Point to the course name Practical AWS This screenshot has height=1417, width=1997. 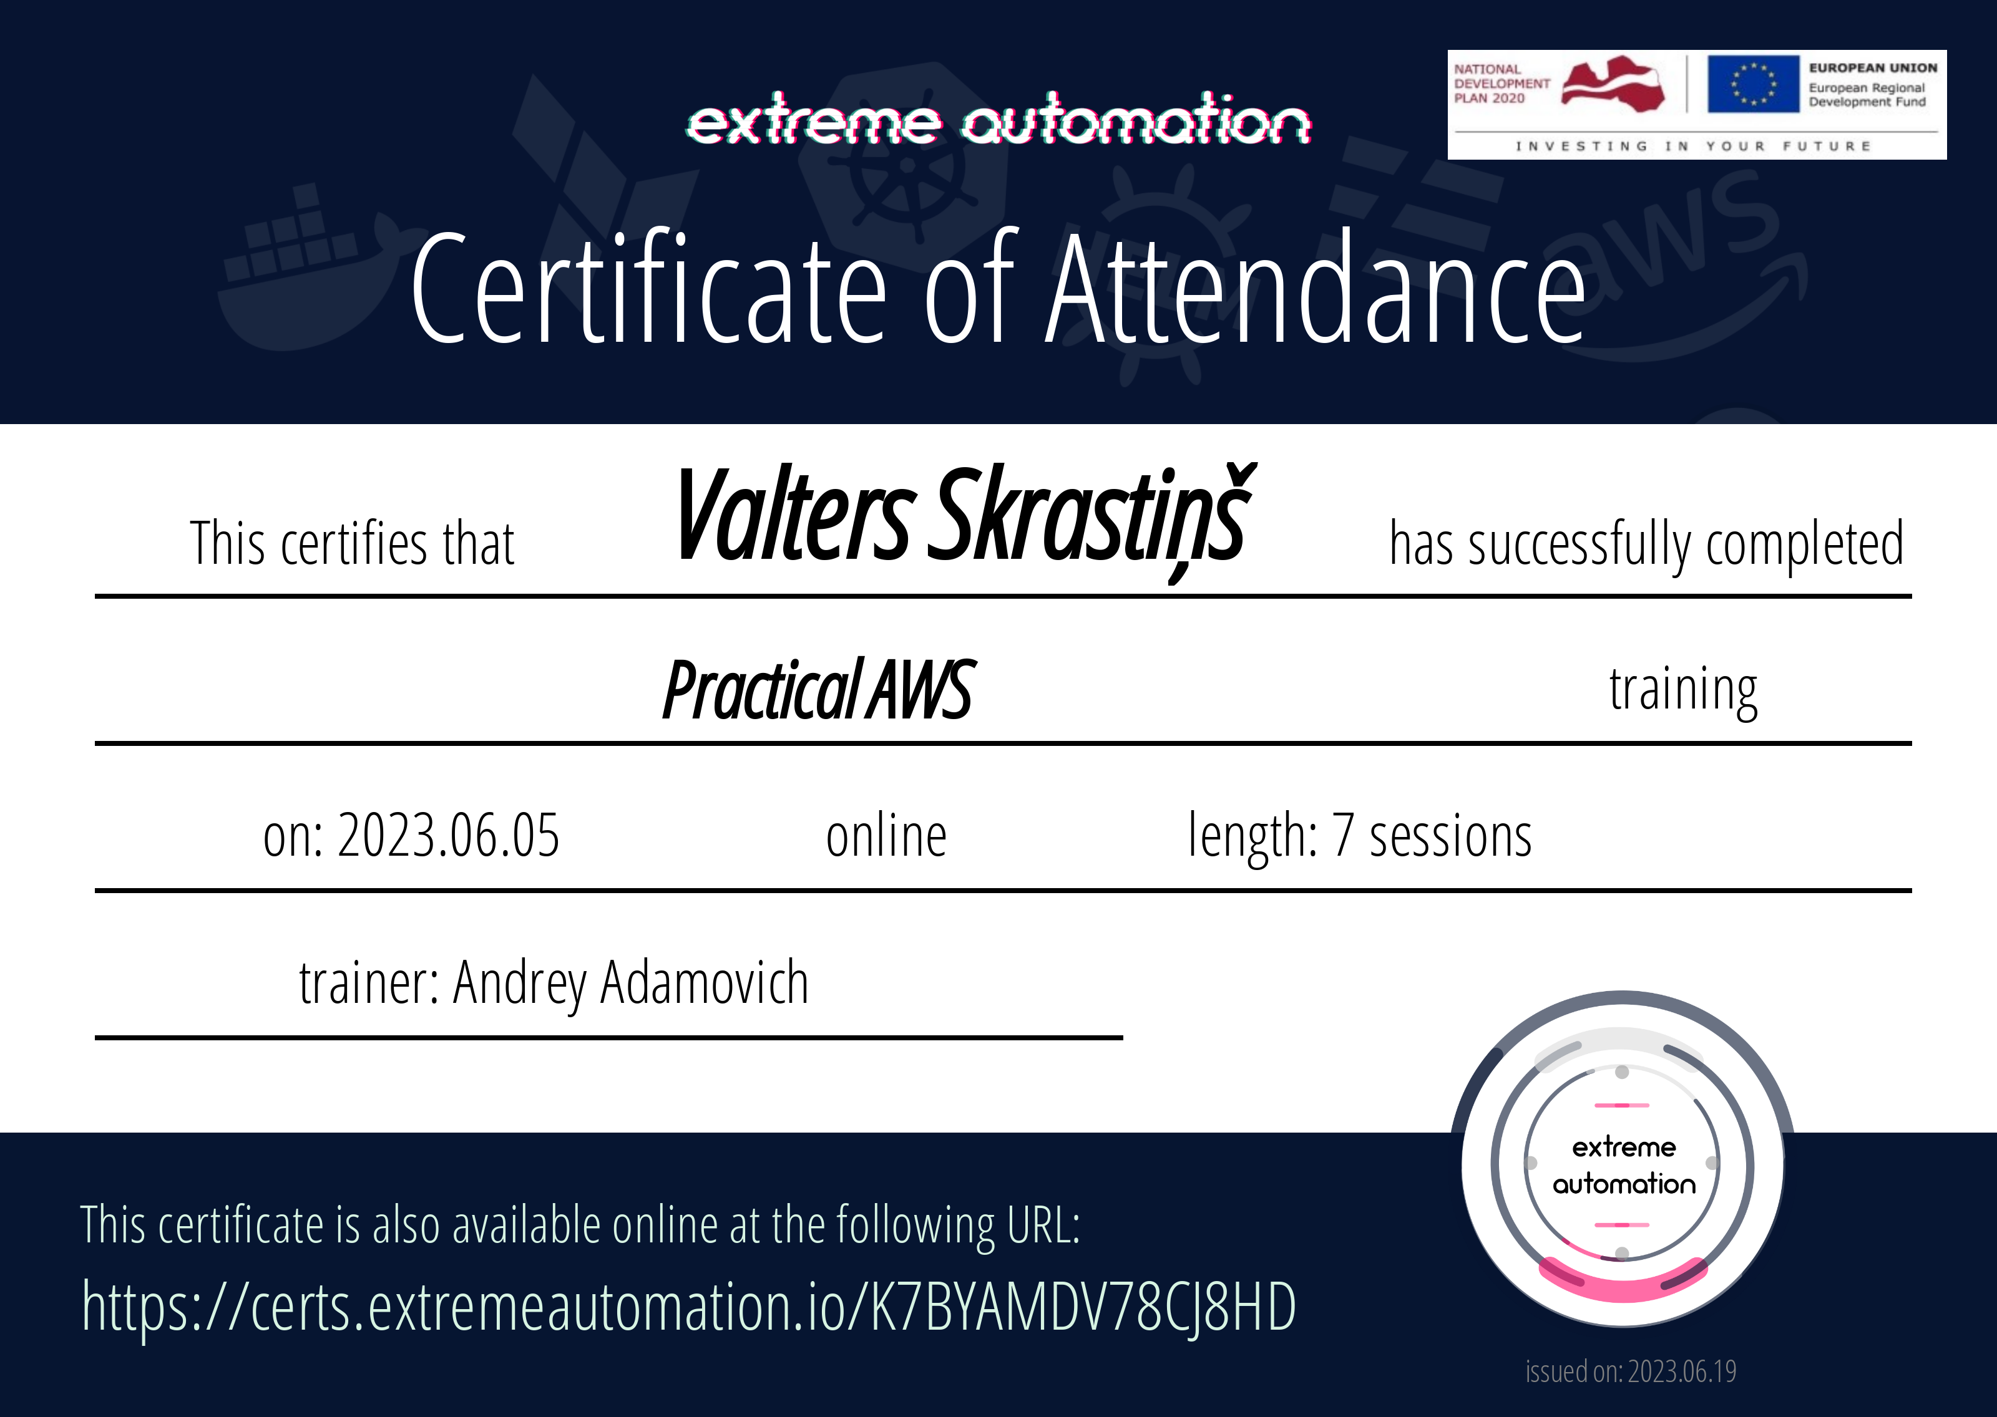(818, 689)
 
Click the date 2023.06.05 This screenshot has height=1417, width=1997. (447, 836)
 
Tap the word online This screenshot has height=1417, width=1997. (886, 836)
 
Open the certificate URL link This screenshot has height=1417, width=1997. (688, 1306)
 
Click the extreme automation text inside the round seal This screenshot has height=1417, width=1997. (1623, 1165)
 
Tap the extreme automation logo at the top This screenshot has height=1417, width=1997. (998, 120)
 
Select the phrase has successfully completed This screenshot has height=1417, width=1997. (1646, 544)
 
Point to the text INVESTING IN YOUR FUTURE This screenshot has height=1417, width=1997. (1693, 146)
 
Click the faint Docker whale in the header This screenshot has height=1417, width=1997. (306, 271)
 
